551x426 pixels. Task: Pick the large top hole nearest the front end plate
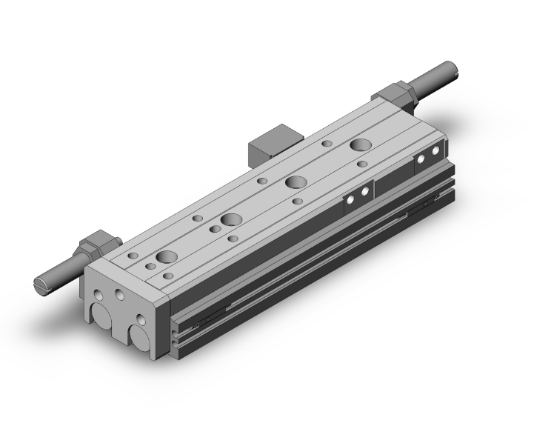(x=166, y=257)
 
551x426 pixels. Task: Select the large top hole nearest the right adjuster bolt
(x=362, y=144)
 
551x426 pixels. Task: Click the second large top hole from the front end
(x=230, y=220)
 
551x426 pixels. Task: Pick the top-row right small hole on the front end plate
(x=119, y=296)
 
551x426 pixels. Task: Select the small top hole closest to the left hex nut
(x=133, y=256)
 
